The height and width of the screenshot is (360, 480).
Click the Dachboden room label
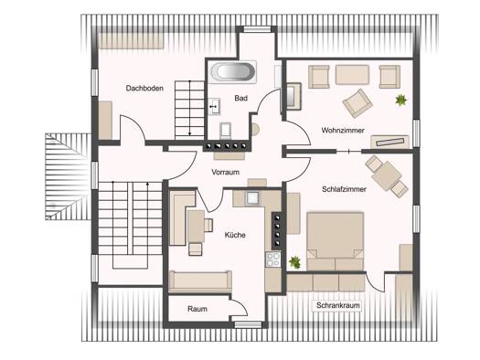[144, 89]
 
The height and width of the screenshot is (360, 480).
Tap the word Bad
[241, 98]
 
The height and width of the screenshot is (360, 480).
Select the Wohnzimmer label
[343, 131]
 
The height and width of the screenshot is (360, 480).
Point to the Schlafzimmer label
[344, 189]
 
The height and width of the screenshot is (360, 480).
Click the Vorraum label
[225, 172]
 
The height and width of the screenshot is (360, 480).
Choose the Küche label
[235, 235]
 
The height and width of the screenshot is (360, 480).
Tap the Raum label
[197, 309]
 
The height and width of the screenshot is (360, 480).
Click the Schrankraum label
[338, 305]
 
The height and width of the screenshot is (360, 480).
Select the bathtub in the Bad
[233, 72]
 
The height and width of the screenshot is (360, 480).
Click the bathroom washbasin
[214, 106]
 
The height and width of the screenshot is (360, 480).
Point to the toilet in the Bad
[225, 131]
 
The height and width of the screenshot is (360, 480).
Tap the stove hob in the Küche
[273, 259]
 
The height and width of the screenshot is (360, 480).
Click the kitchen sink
[252, 197]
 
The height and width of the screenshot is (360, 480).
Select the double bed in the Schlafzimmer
[336, 241]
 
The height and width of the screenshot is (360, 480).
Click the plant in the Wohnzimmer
[400, 100]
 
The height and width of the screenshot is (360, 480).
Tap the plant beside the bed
[294, 262]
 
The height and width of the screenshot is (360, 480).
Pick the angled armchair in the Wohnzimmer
[357, 103]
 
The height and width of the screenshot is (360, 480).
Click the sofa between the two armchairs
[352, 74]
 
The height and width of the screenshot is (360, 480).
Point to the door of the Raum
[239, 307]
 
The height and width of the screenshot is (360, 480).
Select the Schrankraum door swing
[375, 282]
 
